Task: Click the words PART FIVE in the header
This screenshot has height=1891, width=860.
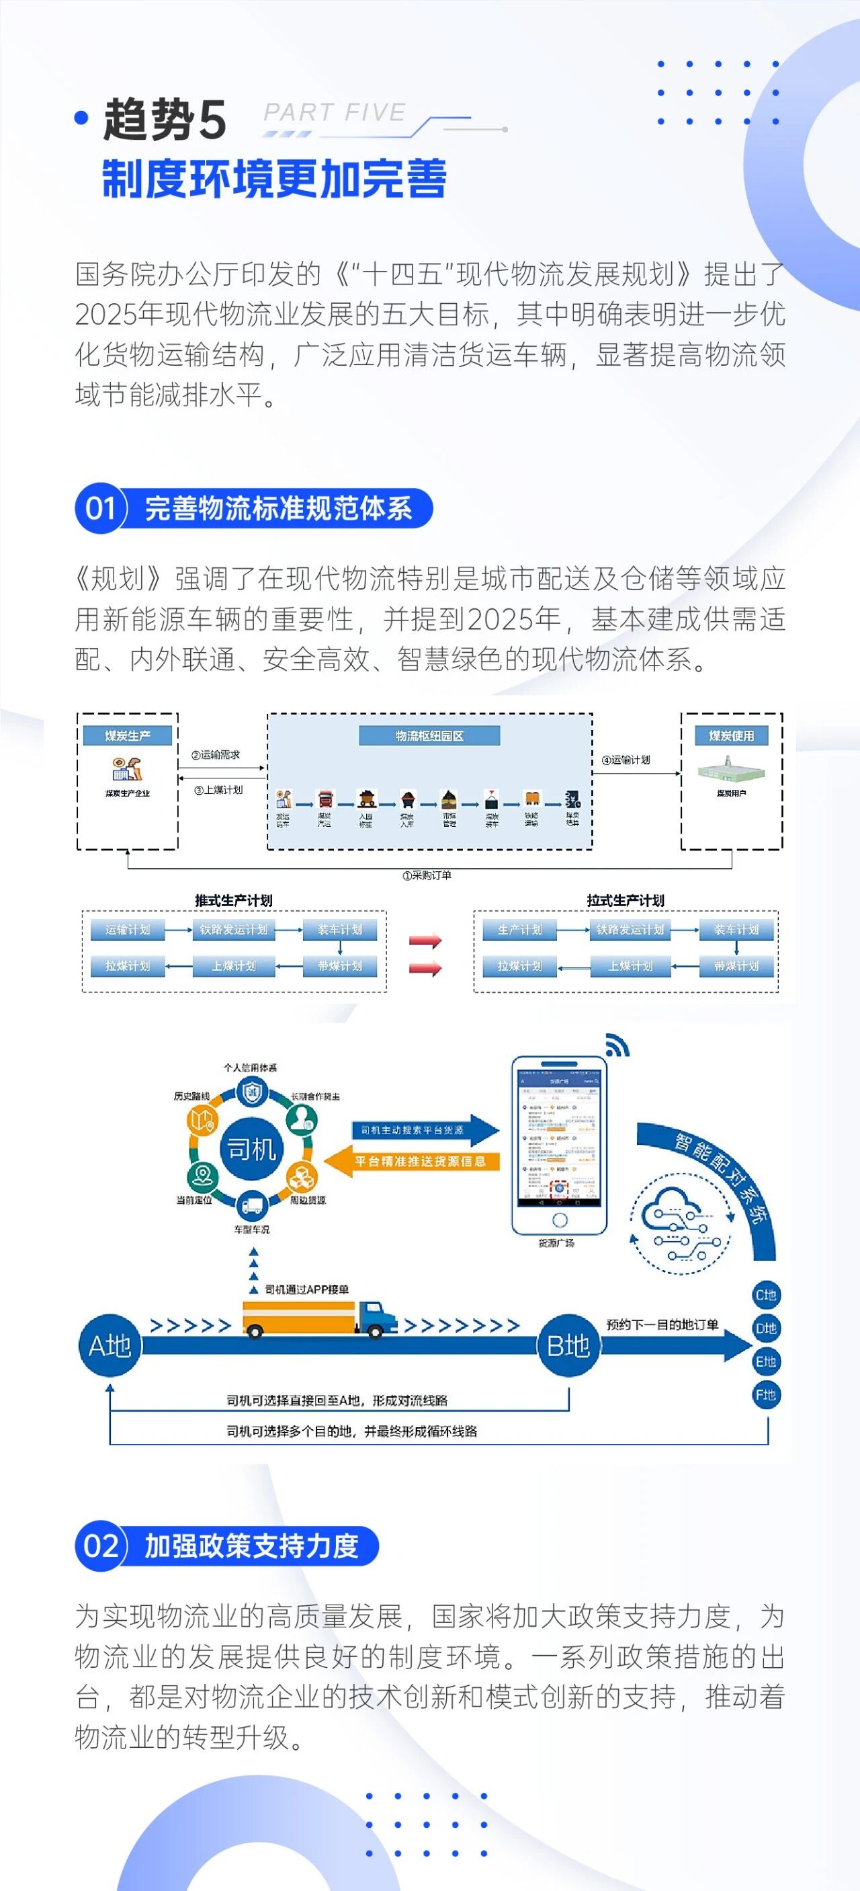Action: pyautogui.click(x=335, y=112)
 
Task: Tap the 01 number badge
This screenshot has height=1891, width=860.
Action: pyautogui.click(x=101, y=508)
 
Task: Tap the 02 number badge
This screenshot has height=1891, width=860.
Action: pyautogui.click(x=101, y=1545)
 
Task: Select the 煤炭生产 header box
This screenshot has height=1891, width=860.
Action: pyautogui.click(x=128, y=735)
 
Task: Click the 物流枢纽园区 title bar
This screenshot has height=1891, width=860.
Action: pyautogui.click(x=429, y=735)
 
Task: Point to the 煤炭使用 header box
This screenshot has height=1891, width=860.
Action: pyautogui.click(x=731, y=735)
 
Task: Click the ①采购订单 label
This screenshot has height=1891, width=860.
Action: pyautogui.click(x=427, y=875)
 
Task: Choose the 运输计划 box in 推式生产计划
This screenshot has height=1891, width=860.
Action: pyautogui.click(x=128, y=929)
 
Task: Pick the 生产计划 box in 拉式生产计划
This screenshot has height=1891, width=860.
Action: pyautogui.click(x=519, y=929)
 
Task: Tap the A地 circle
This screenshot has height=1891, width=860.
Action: pyautogui.click(x=110, y=1346)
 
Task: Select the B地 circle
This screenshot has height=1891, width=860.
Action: pyautogui.click(x=568, y=1346)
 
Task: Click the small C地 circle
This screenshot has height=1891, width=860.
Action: pyautogui.click(x=766, y=1295)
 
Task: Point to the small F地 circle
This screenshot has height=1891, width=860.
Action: pyautogui.click(x=766, y=1395)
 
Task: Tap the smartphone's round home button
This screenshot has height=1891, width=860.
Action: pyautogui.click(x=559, y=1219)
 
